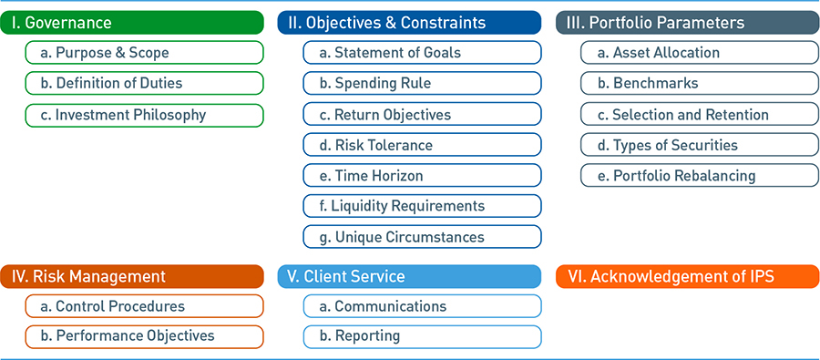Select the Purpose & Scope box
(x=145, y=53)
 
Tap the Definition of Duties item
(x=145, y=84)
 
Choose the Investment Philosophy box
(x=145, y=115)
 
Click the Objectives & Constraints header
(x=410, y=23)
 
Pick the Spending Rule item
(x=422, y=84)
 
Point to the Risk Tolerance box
(x=422, y=145)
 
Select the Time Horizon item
(x=422, y=176)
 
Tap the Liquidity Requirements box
(x=422, y=206)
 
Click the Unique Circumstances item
(x=422, y=237)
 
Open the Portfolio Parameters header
(x=687, y=23)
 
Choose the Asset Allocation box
(x=699, y=53)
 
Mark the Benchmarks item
(x=699, y=84)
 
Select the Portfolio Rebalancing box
(x=699, y=176)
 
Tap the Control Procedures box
(x=145, y=306)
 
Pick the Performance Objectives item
(x=145, y=336)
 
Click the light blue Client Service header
(x=410, y=276)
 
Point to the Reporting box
(x=422, y=336)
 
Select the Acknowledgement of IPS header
(x=687, y=276)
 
